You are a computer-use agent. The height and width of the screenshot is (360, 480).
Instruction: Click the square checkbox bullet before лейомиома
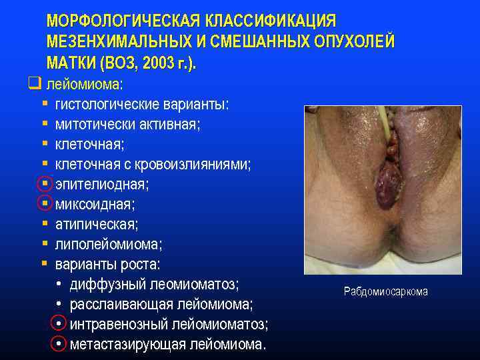click(35, 85)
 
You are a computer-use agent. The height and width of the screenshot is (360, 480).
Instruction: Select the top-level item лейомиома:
click(85, 85)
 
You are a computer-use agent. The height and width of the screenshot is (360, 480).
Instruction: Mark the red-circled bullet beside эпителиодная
click(45, 184)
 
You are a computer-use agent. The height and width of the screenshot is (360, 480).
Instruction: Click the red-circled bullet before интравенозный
click(60, 325)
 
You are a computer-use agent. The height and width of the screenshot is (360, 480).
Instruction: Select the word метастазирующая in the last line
click(127, 345)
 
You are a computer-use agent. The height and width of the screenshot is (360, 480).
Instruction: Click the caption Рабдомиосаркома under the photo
click(386, 291)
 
